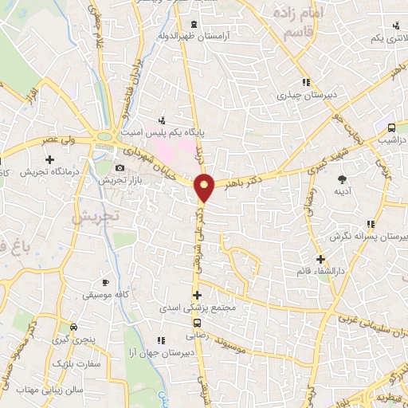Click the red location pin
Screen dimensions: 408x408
205,187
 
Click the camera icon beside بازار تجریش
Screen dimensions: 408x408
120,167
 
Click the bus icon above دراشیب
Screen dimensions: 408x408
391,127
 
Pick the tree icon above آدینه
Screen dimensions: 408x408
343,178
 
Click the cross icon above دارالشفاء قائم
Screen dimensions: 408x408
320,259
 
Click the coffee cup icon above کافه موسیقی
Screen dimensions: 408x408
105,282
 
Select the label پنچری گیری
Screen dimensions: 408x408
74,339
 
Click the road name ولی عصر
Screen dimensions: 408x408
61,141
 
